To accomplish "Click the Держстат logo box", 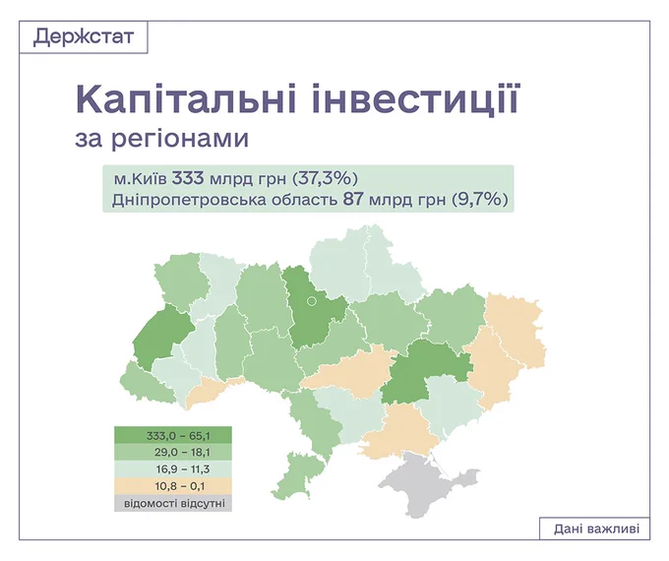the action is [84, 36].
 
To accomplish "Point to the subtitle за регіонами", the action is [161, 139].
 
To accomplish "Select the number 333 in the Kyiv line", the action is [188, 178].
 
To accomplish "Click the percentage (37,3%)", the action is [325, 178].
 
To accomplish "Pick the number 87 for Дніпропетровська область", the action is [353, 200].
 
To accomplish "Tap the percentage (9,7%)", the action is [480, 200].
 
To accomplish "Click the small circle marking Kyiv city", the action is [312, 301].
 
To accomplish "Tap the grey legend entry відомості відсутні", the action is [173, 503].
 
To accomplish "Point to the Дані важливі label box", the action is [595, 529].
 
